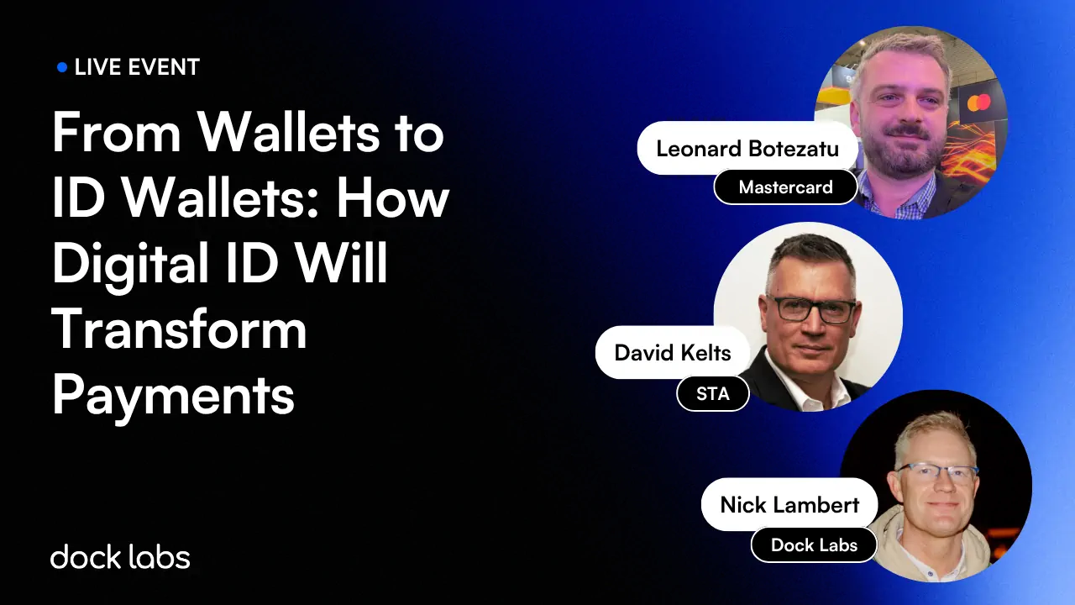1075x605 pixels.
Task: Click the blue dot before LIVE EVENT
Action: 62,67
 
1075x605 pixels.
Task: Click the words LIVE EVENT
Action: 137,67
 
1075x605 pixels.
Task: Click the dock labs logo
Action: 120,556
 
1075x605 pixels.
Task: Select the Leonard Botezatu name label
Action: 747,149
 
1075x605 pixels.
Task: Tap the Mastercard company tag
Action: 785,187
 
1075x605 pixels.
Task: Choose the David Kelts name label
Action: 673,352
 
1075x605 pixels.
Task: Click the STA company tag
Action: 712,393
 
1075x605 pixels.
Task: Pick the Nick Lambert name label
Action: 789,504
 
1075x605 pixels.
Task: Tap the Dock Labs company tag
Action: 813,544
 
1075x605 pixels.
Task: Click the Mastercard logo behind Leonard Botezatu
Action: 978,103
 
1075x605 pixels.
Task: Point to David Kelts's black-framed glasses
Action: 810,308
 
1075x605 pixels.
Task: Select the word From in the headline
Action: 116,133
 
